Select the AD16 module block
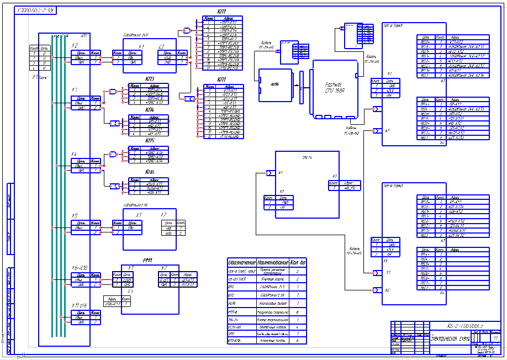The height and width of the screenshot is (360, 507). [274, 84]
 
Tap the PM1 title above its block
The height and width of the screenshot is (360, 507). [147, 261]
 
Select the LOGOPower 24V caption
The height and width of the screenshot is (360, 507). [136, 34]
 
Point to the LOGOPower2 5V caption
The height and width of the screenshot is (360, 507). [136, 205]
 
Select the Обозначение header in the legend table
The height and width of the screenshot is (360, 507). [241, 262]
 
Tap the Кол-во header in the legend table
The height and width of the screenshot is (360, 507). [298, 262]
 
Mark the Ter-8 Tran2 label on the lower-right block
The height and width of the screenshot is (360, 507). [393, 186]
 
